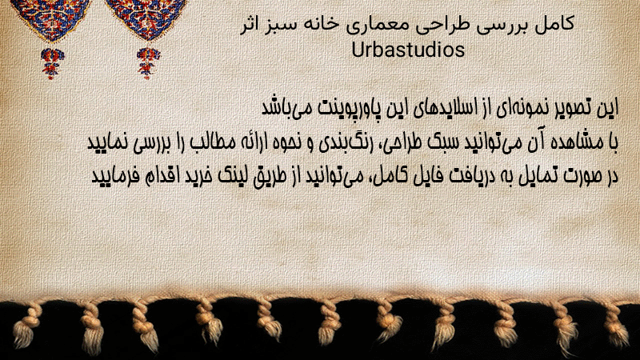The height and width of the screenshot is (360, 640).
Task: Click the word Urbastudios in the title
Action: [x=408, y=50]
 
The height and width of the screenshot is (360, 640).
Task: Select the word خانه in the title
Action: [x=319, y=24]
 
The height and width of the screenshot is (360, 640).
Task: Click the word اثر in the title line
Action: [x=249, y=24]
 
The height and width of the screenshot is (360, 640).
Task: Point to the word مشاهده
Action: [x=577, y=142]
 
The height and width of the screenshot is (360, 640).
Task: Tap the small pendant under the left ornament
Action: [x=52, y=63]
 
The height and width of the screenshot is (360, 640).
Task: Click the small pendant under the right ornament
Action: [x=149, y=63]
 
